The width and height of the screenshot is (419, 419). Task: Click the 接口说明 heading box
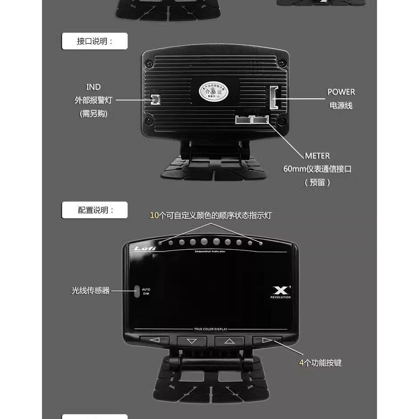tap(95, 41)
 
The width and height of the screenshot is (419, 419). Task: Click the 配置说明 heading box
tap(95, 210)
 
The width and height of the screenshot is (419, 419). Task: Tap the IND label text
tap(93, 87)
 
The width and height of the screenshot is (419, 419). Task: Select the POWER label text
tap(341, 92)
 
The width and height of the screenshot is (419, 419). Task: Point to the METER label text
tap(317, 156)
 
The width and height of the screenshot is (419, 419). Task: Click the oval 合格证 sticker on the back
tap(214, 92)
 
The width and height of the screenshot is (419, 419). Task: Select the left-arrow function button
tap(154, 340)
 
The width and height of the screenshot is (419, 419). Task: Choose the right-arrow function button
tap(267, 340)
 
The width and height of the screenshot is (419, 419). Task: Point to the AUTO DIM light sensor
tap(137, 291)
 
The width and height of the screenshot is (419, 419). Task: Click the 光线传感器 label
tap(90, 291)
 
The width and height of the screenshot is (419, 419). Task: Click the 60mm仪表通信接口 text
tap(317, 169)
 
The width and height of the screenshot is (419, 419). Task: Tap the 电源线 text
tap(341, 106)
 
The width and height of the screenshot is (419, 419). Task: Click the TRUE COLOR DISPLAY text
tap(210, 329)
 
